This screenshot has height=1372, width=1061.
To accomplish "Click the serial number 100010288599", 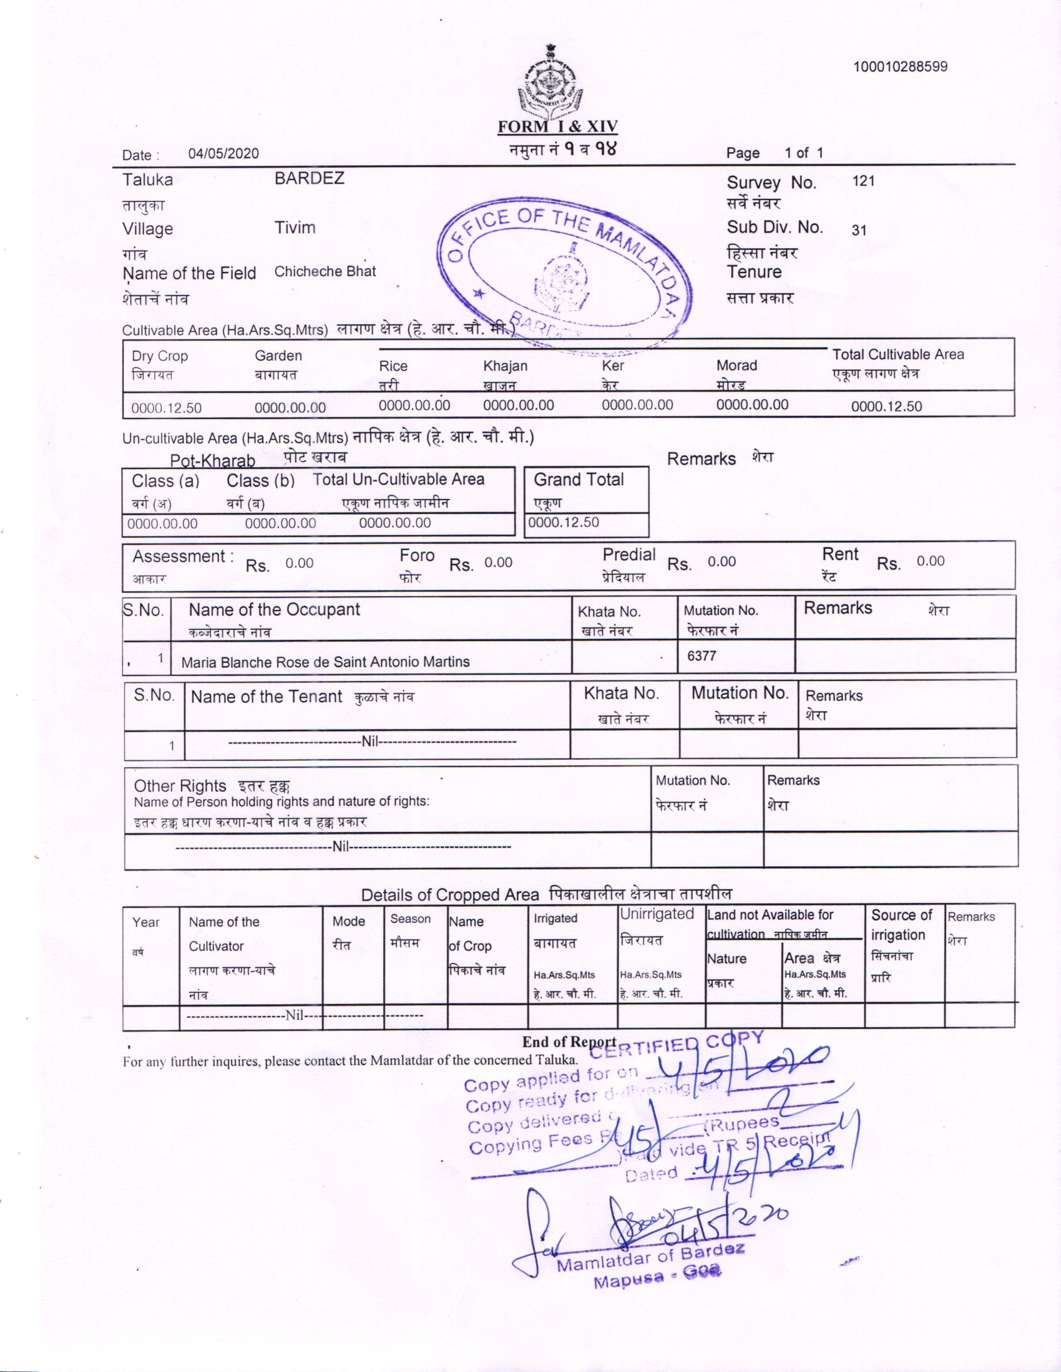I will pyautogui.click(x=899, y=67).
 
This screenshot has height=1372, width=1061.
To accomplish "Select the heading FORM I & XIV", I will pyautogui.click(x=557, y=127).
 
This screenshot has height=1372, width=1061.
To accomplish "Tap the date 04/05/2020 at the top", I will pyautogui.click(x=223, y=154).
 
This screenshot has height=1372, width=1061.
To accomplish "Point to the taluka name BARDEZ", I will pyautogui.click(x=309, y=178).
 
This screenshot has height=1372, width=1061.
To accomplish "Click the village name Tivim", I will pyautogui.click(x=295, y=228).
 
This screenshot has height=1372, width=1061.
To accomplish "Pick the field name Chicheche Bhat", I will pyautogui.click(x=325, y=271).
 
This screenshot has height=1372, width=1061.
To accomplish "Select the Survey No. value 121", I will pyautogui.click(x=863, y=181).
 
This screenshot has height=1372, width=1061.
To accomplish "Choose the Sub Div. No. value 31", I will pyautogui.click(x=859, y=230).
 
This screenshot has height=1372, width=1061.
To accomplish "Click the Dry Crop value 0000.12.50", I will pyautogui.click(x=166, y=408).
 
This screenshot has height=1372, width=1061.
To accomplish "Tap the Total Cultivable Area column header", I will pyautogui.click(x=897, y=355).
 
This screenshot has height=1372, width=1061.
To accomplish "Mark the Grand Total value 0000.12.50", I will pyautogui.click(x=564, y=523).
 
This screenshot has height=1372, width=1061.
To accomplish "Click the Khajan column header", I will pyautogui.click(x=505, y=366).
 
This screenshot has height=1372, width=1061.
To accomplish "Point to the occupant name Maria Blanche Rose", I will pyautogui.click(x=325, y=662).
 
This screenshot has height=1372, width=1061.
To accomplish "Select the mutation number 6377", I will pyautogui.click(x=701, y=655).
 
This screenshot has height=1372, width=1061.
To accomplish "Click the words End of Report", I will pyautogui.click(x=568, y=1041).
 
